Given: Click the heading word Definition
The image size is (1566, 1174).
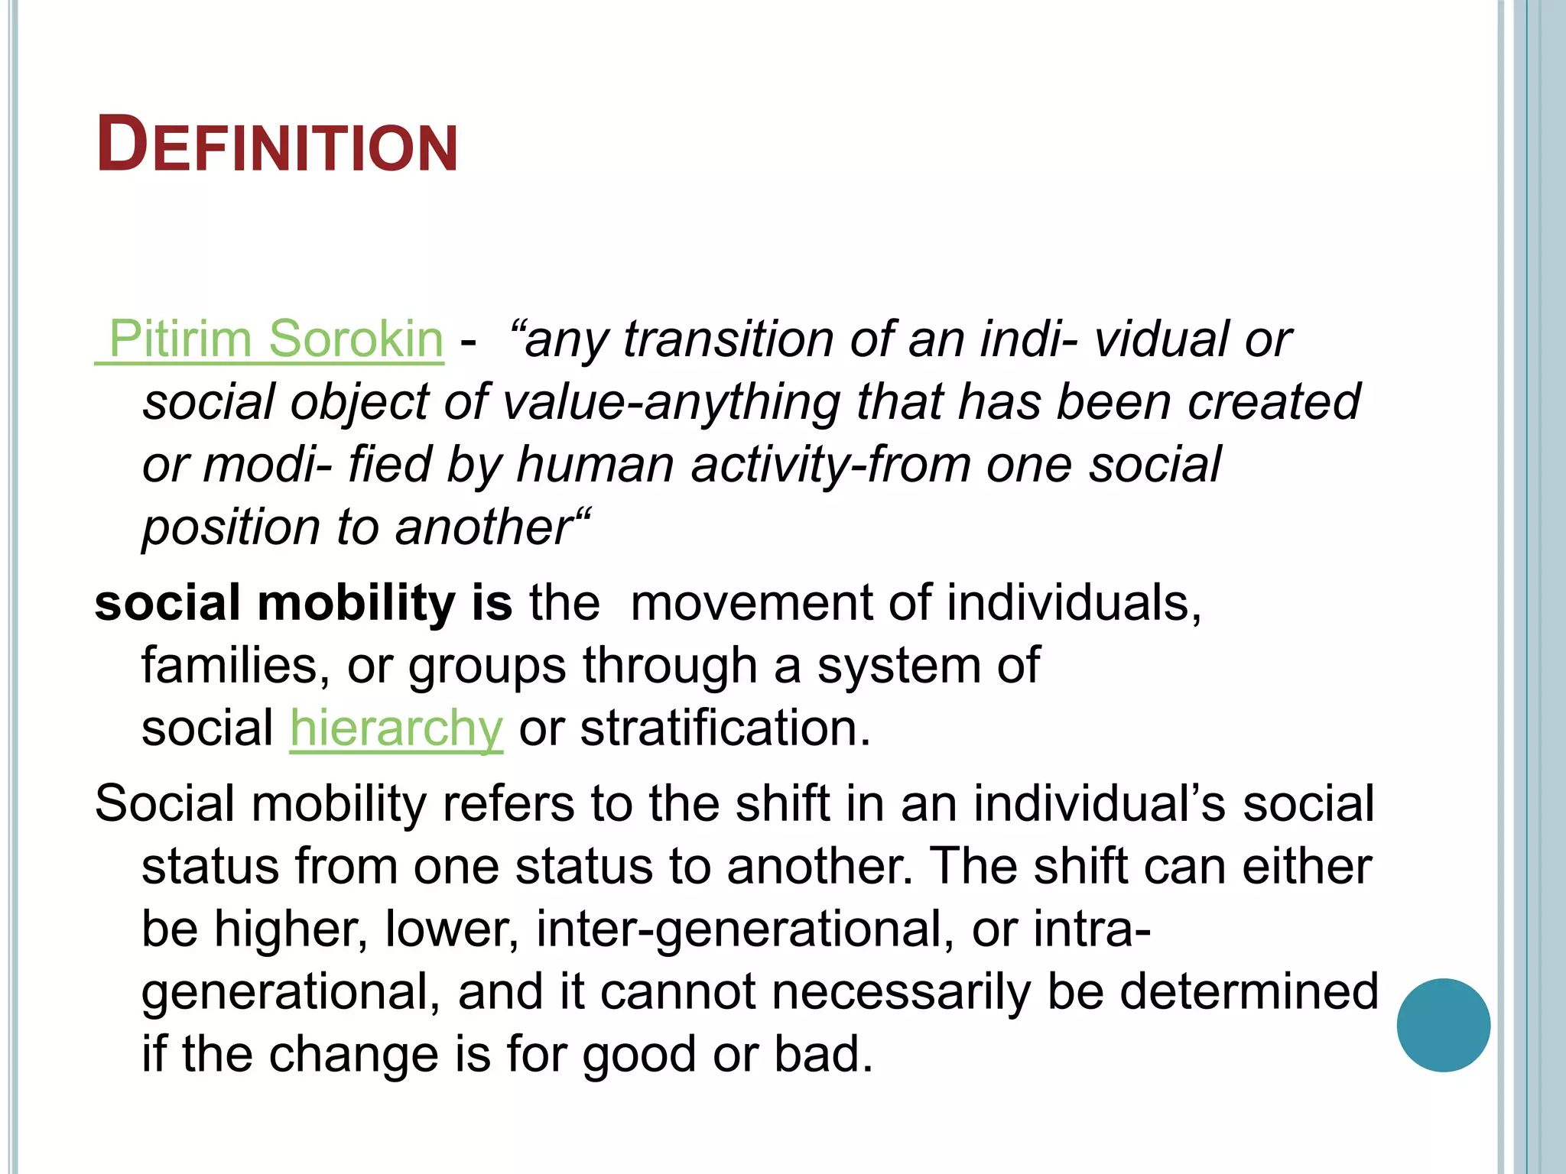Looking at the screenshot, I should pos(277,145).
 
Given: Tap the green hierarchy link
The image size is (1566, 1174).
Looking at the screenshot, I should pos(396,728).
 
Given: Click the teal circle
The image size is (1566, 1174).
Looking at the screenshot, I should pos(1443,1025).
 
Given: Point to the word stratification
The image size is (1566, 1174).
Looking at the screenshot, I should pos(725,728).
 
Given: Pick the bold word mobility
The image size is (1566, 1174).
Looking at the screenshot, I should pos(356,603).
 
